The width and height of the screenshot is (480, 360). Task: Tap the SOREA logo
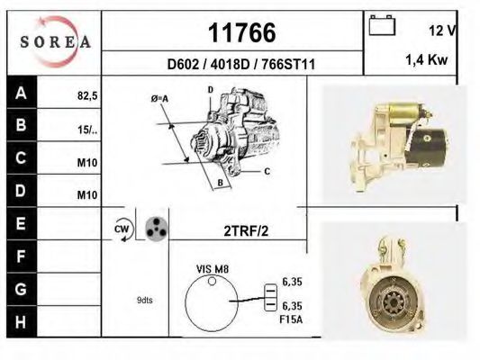55,41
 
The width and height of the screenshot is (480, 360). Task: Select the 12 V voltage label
442,31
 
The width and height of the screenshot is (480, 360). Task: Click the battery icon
383,24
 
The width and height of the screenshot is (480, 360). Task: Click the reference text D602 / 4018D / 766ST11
240,65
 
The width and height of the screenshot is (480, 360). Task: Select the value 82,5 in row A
86,94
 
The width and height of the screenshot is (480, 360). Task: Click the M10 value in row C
87,163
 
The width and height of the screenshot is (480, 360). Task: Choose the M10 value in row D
87,195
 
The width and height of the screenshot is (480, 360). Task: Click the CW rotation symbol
122,229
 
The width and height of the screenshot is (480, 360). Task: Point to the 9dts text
144,301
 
